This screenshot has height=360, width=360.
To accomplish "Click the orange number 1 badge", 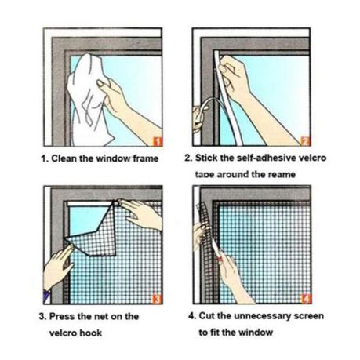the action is [157, 141].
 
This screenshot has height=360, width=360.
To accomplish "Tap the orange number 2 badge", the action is [305, 141].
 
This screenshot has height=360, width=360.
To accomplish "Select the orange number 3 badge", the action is [157, 299].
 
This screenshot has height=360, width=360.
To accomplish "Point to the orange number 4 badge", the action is [307, 299].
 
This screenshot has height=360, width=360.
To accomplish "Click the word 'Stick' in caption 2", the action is [206, 158].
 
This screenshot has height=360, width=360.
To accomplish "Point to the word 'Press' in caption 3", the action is [62, 316].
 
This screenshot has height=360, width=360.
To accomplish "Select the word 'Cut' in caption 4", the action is [207, 316].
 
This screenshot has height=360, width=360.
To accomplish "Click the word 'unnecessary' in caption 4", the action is [262, 316].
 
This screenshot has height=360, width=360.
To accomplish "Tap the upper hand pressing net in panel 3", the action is [141, 213].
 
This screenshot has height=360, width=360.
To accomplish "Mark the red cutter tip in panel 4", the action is [220, 259].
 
